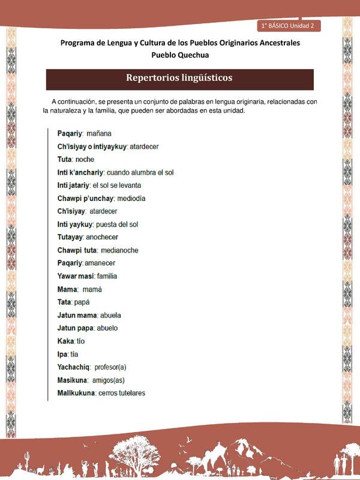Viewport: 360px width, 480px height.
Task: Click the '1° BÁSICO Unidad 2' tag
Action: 289,26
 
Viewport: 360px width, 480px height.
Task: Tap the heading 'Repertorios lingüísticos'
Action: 179,78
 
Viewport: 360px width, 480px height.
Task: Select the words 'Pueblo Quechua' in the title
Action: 180,55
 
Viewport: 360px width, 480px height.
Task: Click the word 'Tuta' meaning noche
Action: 65,160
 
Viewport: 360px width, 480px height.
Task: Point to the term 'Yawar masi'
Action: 76,276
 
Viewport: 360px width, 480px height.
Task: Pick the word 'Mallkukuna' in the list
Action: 76,393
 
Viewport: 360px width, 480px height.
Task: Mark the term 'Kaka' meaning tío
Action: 65,341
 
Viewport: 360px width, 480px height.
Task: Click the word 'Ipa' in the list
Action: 62,354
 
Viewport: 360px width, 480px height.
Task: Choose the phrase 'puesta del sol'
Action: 117,224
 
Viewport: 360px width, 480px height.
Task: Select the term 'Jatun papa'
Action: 74,328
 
